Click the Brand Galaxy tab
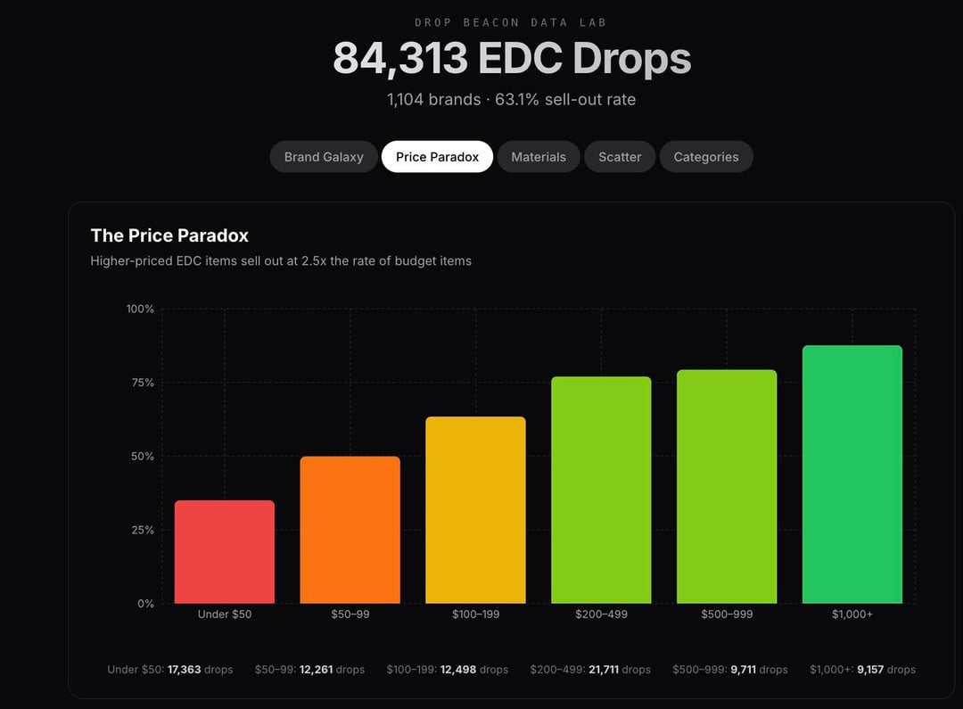pyautogui.click(x=324, y=157)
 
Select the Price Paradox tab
pyautogui.click(x=437, y=157)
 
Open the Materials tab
pyautogui.click(x=538, y=157)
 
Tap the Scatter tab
pyautogui.click(x=620, y=157)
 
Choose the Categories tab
pyautogui.click(x=705, y=157)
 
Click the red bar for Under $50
pyautogui.click(x=225, y=552)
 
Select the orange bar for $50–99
pyautogui.click(x=350, y=530)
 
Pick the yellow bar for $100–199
pyautogui.click(x=475, y=510)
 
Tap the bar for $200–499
pyautogui.click(x=601, y=490)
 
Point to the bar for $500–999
pyautogui.click(x=727, y=486)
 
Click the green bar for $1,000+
pyautogui.click(x=852, y=474)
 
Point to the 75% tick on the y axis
pyautogui.click(x=141, y=383)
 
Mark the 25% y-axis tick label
pyautogui.click(x=141, y=530)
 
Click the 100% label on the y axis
pyautogui.click(x=140, y=309)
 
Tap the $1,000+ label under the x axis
pyautogui.click(x=852, y=614)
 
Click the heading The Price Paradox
pyautogui.click(x=169, y=235)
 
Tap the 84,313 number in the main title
pyautogui.click(x=400, y=59)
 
